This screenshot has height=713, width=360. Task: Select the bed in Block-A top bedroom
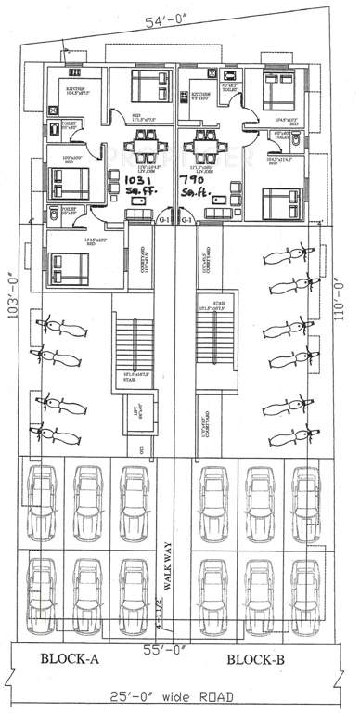coord(148,86)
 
